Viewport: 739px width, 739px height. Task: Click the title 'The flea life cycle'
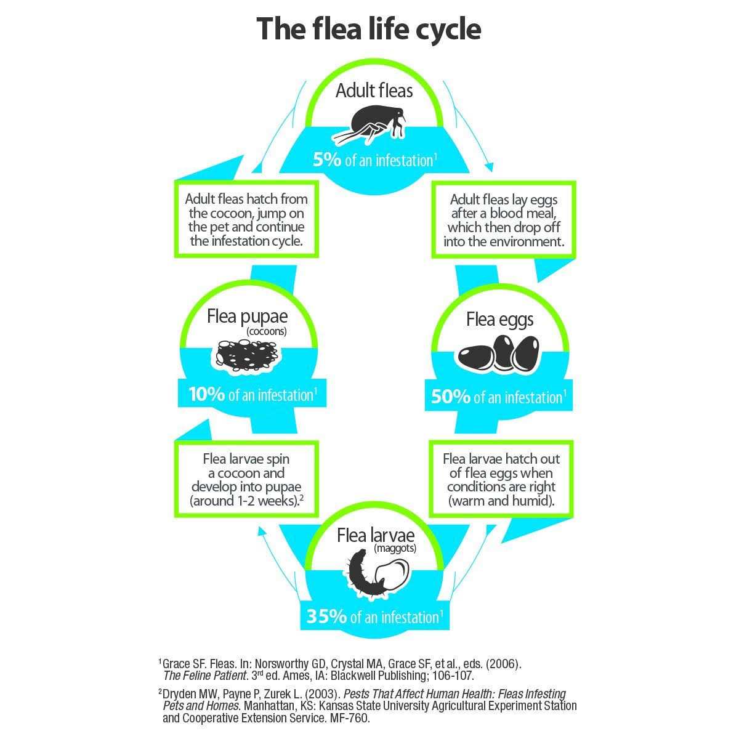tap(368, 29)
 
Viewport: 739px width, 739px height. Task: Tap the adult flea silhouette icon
tap(370, 123)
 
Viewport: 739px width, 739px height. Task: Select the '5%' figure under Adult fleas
tap(327, 160)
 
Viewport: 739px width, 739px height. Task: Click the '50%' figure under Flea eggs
tap(451, 397)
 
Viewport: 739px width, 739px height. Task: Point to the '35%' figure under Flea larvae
tap(326, 616)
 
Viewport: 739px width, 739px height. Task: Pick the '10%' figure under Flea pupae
tap(207, 394)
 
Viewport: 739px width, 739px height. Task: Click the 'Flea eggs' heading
tap(499, 319)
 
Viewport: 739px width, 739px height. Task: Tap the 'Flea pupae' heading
tap(248, 317)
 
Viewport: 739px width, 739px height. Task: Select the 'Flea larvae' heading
tap(376, 535)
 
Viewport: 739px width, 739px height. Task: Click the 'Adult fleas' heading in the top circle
tap(374, 91)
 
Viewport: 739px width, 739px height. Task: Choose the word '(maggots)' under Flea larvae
tap(395, 548)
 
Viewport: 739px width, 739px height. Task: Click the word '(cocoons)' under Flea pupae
tap(267, 331)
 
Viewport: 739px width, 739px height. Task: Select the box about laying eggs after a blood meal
tap(503, 220)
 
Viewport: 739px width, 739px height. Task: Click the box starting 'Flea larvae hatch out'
tap(501, 479)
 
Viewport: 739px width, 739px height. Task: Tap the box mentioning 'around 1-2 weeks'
tap(246, 479)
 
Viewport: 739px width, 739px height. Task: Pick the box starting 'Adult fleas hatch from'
tap(246, 219)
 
